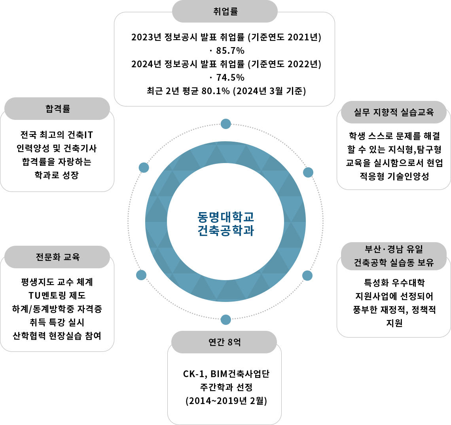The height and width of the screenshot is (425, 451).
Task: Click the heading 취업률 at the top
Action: tap(225, 11)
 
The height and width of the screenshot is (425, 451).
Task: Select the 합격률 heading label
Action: tap(58, 108)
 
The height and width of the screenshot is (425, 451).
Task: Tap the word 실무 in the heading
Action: tap(362, 112)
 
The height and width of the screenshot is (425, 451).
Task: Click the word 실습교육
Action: tap(417, 112)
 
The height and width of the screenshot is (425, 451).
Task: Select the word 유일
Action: tap(414, 249)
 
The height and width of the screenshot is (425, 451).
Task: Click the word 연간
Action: tap(216, 342)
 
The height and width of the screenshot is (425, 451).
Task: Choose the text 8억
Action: tap(234, 342)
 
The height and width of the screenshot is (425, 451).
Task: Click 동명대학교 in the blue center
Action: tap(225, 217)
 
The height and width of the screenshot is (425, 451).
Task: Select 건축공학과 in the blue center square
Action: tap(225, 231)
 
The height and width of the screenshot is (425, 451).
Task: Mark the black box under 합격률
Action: tap(57, 155)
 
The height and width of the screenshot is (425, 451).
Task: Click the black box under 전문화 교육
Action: tap(57, 309)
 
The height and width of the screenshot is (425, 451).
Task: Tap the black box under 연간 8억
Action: tap(224, 388)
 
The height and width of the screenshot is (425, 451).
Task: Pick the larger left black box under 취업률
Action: tap(190, 65)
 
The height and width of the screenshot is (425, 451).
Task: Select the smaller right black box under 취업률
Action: tap(285, 65)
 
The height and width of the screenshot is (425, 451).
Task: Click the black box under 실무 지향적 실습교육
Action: tap(392, 156)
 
